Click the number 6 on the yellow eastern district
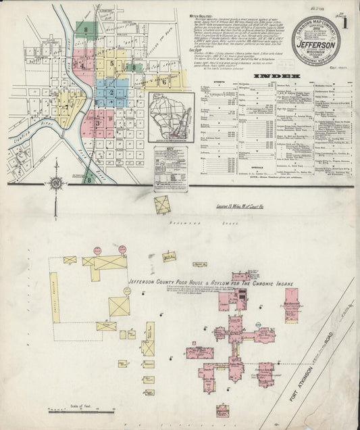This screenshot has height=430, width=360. coord(163,80)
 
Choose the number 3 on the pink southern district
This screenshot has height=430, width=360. coord(97,123)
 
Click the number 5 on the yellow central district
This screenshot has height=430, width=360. coord(120,66)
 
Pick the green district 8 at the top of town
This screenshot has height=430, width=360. coord(86,30)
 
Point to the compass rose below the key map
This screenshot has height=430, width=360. coord(55,183)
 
